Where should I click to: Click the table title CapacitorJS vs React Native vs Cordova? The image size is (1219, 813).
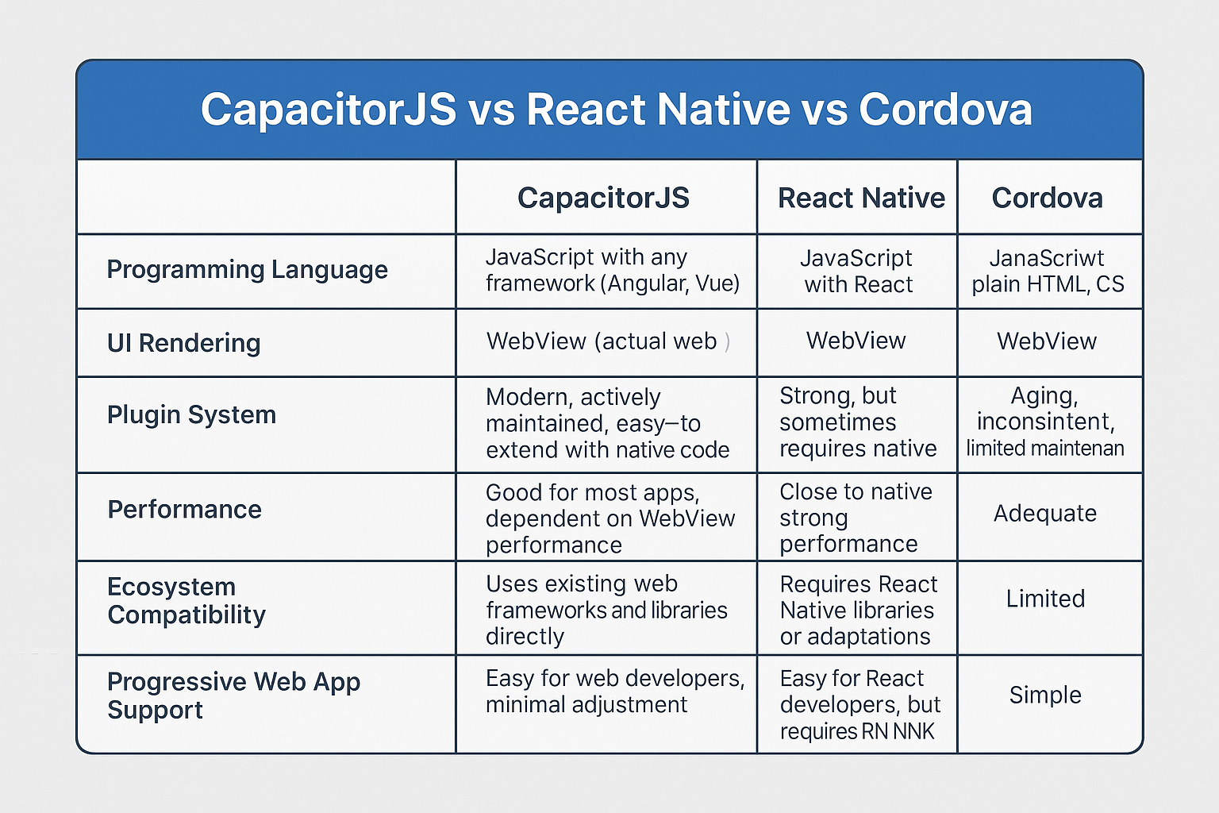616,110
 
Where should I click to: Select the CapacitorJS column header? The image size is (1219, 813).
603,198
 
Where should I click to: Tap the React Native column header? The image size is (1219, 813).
861,198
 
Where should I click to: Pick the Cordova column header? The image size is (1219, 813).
1047,198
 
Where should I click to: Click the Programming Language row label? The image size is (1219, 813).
247,270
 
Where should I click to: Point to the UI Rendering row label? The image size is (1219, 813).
183,343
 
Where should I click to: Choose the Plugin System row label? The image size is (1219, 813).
191,415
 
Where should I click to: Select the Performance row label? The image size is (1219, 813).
184,510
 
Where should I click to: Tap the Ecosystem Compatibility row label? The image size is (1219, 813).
187,601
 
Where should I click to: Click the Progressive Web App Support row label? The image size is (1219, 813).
233,695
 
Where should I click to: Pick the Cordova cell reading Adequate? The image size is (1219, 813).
1045,514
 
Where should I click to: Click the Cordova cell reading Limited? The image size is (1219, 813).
1045,599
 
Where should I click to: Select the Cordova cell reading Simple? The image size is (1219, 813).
1045,695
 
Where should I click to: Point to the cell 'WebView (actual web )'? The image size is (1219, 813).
607,341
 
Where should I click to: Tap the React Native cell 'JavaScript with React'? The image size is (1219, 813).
857,272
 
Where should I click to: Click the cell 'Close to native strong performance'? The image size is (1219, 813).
856,518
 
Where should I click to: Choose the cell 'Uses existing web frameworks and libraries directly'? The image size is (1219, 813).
606,610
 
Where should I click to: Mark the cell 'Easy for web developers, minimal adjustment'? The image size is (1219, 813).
614,692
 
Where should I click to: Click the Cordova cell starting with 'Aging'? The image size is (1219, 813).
1045,422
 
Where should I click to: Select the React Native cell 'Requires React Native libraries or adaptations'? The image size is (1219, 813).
858,610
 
